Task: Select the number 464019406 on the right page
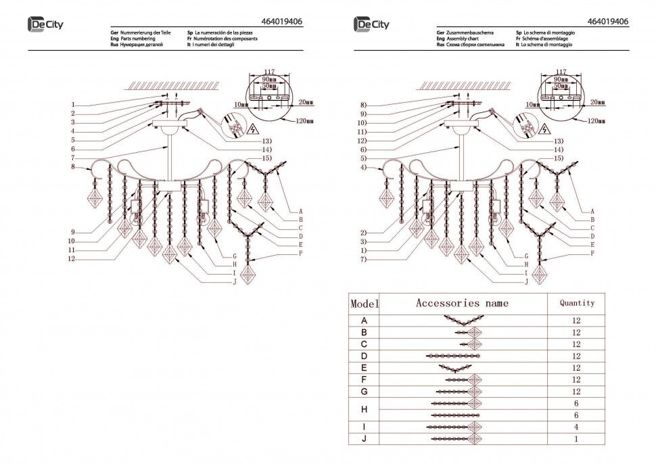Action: (x=609, y=22)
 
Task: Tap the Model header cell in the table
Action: (x=365, y=304)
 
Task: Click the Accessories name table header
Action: (x=462, y=304)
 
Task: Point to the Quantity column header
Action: (x=577, y=304)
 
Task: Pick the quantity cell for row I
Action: (x=577, y=427)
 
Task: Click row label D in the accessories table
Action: (x=365, y=356)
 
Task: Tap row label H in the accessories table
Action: (x=365, y=409)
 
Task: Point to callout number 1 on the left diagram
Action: (x=73, y=105)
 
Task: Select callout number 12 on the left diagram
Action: (x=71, y=259)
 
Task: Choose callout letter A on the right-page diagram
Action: (x=592, y=211)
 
